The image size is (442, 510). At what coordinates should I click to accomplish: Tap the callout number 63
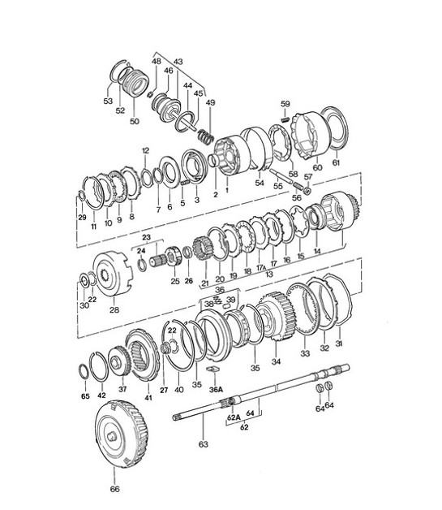(x=204, y=445)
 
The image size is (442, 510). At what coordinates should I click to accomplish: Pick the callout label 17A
(x=260, y=268)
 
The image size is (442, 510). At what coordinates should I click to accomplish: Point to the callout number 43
(x=178, y=63)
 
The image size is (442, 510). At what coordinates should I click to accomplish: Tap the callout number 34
(x=276, y=361)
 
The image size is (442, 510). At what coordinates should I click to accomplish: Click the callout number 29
(x=81, y=218)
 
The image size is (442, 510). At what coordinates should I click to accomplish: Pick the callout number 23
(x=146, y=237)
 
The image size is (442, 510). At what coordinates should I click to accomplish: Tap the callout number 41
(x=148, y=398)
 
